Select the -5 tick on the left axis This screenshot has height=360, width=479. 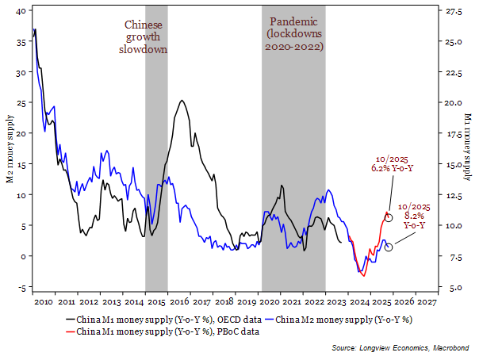point(21,287)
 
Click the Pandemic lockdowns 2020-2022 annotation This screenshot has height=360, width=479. point(293,33)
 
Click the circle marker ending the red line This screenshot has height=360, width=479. point(389,216)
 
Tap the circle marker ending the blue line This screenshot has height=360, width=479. point(389,247)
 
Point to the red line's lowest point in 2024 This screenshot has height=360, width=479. point(362,274)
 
